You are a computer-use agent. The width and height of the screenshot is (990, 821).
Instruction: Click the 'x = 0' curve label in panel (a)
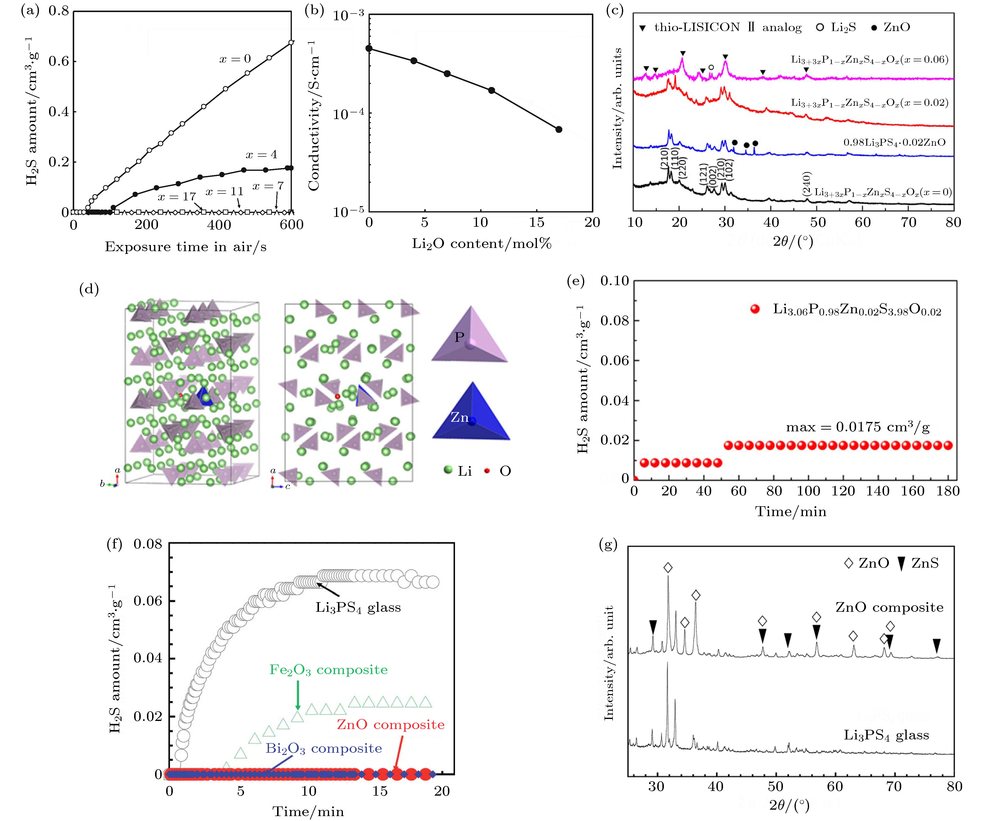(235, 59)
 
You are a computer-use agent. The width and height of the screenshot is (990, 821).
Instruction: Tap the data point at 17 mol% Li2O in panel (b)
(559, 129)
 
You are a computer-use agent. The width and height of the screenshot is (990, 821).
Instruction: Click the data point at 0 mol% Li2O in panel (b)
(369, 48)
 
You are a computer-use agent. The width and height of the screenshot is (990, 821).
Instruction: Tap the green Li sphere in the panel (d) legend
(448, 470)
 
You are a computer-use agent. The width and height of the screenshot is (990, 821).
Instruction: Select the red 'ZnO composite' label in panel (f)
(390, 724)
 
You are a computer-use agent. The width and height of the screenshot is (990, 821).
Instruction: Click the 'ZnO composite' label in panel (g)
(889, 608)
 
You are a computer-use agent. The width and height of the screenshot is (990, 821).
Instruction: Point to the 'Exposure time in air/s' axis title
(185, 247)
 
